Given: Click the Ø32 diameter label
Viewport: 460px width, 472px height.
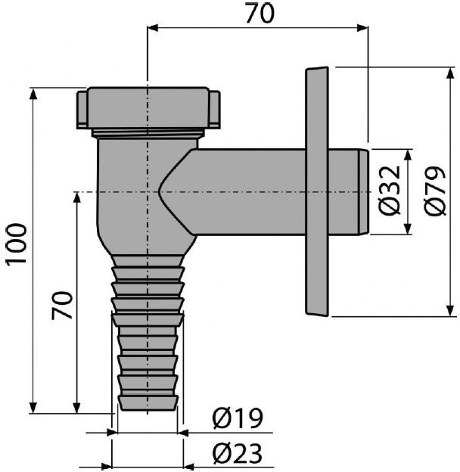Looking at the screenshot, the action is [390, 191].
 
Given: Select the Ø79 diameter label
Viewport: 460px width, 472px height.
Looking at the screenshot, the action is [434, 191].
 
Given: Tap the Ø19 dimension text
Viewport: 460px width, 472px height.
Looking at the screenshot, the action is [238, 418].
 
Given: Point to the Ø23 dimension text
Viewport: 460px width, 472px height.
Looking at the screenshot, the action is [238, 453].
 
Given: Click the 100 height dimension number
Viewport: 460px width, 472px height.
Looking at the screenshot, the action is [17, 244].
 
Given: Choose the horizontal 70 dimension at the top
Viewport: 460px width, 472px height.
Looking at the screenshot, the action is [260, 14].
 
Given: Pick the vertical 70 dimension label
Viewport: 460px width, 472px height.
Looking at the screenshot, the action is [62, 305].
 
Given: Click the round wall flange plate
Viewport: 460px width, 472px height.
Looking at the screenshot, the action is [317, 191].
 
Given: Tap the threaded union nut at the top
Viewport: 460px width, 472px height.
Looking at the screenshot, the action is [148, 108].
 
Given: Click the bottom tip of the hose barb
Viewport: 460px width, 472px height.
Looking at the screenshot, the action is [148, 410].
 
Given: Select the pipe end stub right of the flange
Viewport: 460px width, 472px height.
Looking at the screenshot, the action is [348, 192].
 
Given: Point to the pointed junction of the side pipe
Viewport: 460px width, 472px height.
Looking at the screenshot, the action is [158, 191].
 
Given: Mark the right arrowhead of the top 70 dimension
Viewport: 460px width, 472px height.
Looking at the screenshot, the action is [362, 28].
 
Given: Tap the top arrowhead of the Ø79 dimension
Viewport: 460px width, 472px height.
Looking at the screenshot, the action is [450, 73].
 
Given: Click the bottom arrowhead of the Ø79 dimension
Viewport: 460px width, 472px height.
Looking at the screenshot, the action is [450, 311].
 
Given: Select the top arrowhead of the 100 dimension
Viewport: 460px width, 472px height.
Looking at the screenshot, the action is [33, 93].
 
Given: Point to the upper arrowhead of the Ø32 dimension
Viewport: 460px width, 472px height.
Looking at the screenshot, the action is [408, 155].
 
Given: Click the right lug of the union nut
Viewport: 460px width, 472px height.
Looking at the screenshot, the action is [214, 110].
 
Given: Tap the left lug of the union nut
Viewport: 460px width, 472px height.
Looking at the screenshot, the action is [82, 110].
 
